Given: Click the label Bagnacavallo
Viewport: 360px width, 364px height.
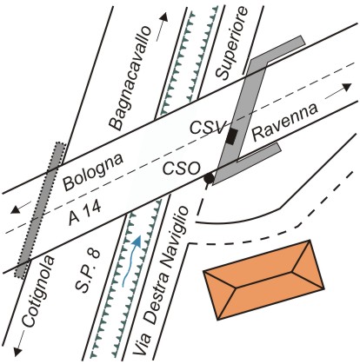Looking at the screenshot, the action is click(x=130, y=78).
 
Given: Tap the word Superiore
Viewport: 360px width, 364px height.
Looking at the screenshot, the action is click(x=232, y=43).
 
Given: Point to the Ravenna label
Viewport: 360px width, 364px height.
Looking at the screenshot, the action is click(x=285, y=122).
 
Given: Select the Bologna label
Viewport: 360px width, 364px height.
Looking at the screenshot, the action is click(x=93, y=172).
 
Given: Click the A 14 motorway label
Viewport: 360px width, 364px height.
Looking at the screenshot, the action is click(x=85, y=213).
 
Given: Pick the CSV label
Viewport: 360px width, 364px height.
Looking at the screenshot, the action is click(x=207, y=128).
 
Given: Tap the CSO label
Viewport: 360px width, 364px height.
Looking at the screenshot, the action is click(x=182, y=169).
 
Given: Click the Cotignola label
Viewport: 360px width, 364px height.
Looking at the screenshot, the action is click(x=38, y=292).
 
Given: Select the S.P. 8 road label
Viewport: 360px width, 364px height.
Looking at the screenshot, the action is click(x=88, y=270).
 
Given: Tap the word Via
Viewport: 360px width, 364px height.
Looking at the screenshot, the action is click(x=143, y=344).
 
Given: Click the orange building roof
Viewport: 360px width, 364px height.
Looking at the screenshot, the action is click(x=263, y=280).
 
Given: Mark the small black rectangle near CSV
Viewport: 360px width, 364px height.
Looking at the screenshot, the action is click(x=232, y=136).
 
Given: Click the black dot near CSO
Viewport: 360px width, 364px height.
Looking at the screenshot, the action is click(x=209, y=178).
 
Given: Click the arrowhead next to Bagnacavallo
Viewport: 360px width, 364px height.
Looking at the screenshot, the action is click(x=163, y=17).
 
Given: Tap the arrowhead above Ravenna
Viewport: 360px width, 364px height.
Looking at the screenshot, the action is click(x=347, y=87).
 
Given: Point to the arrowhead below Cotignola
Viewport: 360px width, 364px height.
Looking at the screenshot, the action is click(x=18, y=352).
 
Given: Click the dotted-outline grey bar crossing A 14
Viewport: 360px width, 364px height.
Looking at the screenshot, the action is click(x=40, y=210).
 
